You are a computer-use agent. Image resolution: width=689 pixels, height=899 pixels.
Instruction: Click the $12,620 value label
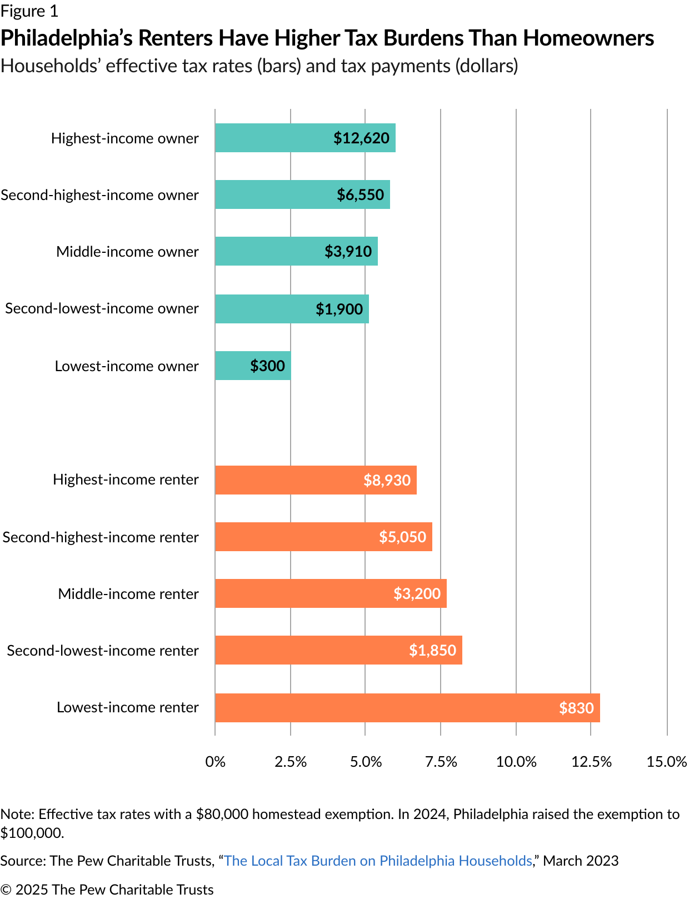click(x=361, y=138)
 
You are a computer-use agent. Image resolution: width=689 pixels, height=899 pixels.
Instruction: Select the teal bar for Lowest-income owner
click(x=253, y=366)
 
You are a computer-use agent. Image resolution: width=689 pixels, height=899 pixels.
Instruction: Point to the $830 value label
click(x=576, y=708)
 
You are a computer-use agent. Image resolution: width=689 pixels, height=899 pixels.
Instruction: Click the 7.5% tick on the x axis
click(x=441, y=761)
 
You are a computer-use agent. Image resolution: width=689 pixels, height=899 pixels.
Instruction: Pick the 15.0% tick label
click(x=666, y=761)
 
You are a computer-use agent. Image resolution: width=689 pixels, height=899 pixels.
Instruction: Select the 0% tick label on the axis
click(x=215, y=761)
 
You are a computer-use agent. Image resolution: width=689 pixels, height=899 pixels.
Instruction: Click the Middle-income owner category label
click(x=127, y=252)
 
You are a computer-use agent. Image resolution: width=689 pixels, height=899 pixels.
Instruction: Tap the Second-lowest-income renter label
click(x=103, y=651)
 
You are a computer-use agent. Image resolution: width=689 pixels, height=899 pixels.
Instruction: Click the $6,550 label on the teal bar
click(x=360, y=194)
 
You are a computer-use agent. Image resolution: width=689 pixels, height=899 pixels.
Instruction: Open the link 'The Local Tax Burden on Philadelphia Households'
click(x=378, y=861)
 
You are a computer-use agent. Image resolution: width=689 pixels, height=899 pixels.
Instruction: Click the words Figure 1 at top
click(x=29, y=11)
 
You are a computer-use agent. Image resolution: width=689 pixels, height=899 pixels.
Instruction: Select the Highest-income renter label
click(x=126, y=480)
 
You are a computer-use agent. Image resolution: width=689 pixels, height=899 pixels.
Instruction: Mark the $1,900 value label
click(x=339, y=309)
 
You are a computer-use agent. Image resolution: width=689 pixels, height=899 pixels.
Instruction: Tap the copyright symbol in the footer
click(x=6, y=890)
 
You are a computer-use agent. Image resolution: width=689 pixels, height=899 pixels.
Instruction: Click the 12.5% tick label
click(x=591, y=761)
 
